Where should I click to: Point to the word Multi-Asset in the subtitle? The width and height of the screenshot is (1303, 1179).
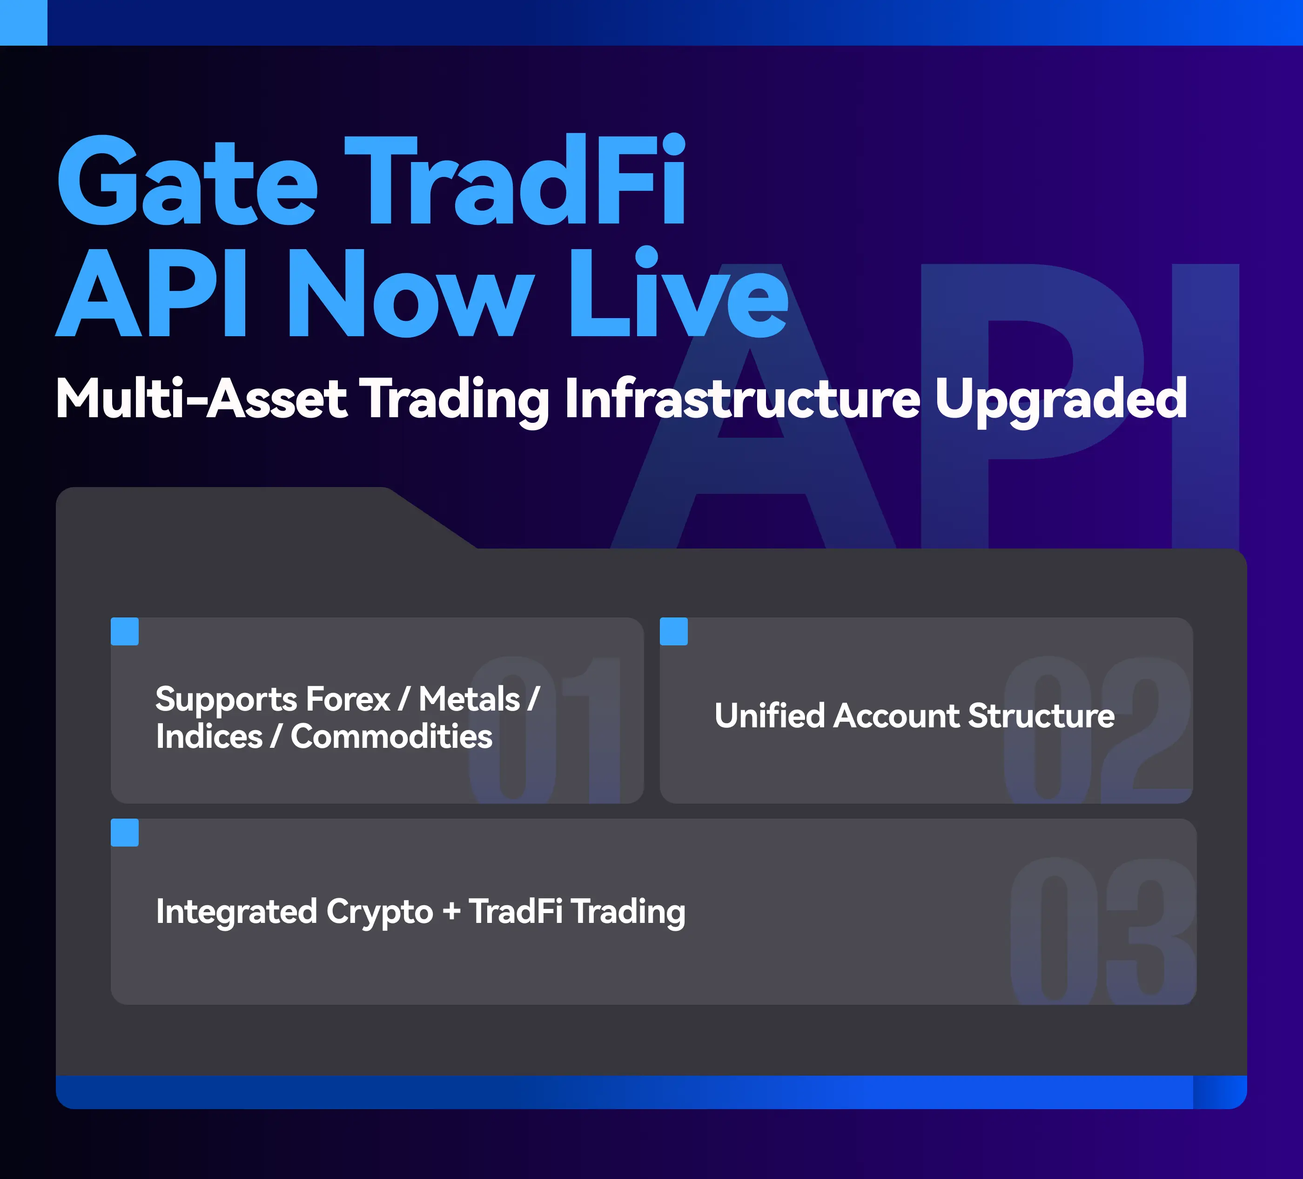tap(201, 399)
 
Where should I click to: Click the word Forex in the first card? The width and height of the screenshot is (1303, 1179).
tap(349, 699)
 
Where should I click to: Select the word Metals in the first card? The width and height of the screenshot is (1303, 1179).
tap(469, 699)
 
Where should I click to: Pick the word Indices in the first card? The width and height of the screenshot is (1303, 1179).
tap(209, 737)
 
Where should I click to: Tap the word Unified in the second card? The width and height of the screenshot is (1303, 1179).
tap(770, 716)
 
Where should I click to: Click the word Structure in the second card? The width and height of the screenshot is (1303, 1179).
tap(1042, 716)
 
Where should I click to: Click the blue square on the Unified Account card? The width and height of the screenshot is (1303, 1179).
tap(673, 631)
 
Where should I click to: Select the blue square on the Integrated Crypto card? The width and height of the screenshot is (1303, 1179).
tap(125, 833)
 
